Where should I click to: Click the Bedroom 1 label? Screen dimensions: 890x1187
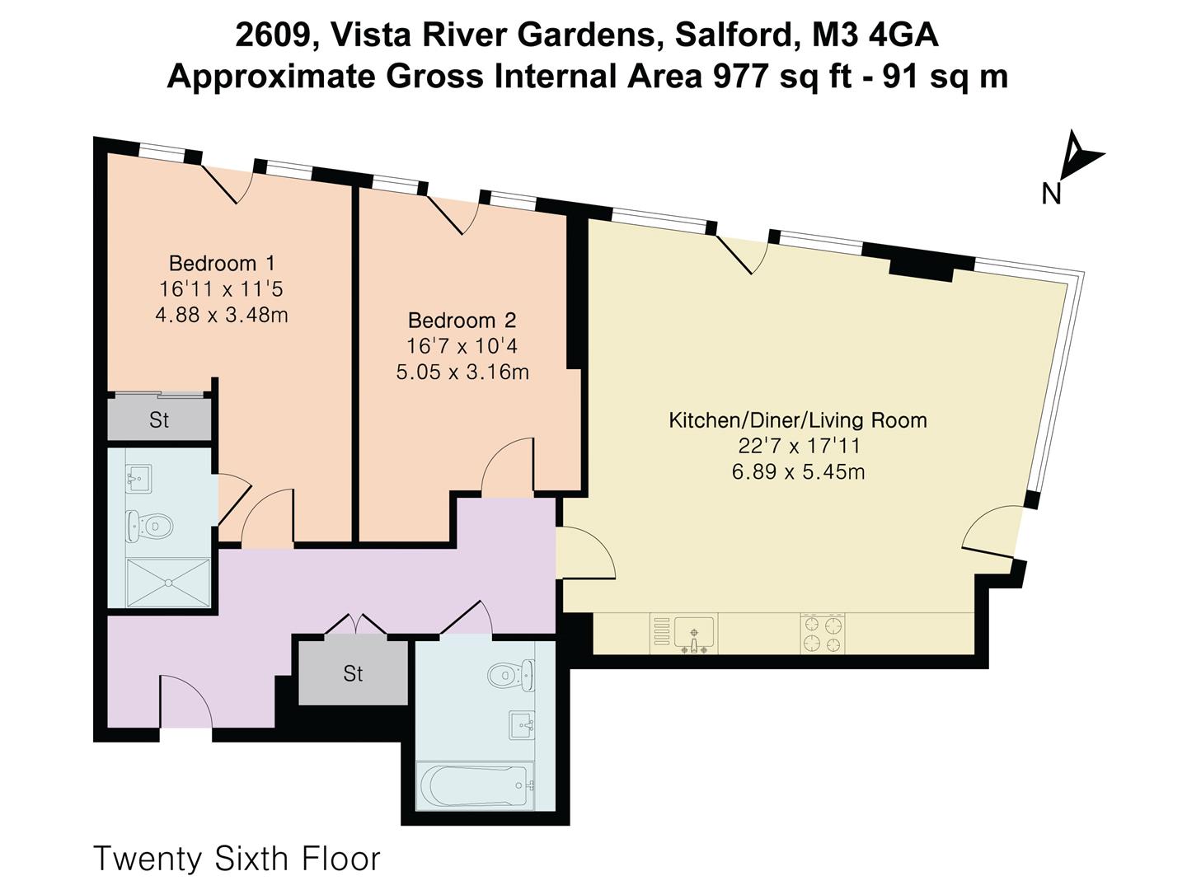tap(222, 263)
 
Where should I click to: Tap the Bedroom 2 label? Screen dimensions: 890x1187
tap(462, 320)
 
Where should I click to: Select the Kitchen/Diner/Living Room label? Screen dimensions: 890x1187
tap(797, 419)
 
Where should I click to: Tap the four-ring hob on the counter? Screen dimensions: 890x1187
tap(823, 634)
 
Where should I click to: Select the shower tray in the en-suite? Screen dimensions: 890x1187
tap(169, 582)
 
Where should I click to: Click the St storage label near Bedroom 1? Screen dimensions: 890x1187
tap(159, 420)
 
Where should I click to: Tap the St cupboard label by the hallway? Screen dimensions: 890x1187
tap(353, 674)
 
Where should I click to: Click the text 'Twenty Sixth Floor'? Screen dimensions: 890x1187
tap(237, 858)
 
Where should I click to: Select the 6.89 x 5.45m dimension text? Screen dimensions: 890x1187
tap(798, 472)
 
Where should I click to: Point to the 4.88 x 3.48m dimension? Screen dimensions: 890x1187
tap(222, 315)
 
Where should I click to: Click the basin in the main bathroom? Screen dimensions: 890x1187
tap(521, 725)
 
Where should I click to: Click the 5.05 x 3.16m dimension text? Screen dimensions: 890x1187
tap(462, 372)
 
